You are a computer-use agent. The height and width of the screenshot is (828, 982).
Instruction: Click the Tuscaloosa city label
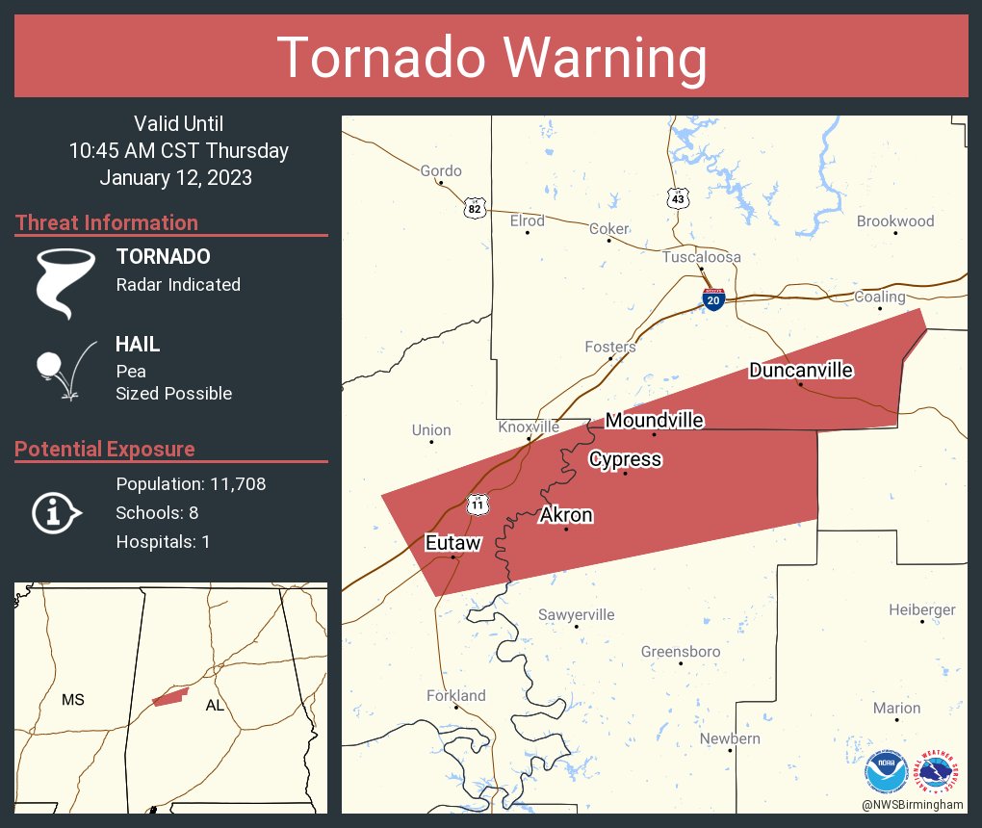[x=701, y=257]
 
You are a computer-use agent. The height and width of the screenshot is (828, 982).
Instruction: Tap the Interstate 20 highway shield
[x=712, y=299]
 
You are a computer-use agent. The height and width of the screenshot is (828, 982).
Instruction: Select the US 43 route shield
[x=678, y=198]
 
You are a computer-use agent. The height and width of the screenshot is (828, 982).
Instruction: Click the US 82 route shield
[x=473, y=208]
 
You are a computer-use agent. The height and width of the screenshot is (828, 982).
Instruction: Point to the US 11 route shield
[x=478, y=504]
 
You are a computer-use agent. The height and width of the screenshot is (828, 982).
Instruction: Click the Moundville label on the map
[x=654, y=420]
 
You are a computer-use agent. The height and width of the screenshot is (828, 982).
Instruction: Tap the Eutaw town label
[x=452, y=543]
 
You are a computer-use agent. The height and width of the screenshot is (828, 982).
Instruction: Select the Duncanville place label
[x=801, y=370]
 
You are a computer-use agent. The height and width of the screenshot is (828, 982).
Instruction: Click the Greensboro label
[x=681, y=652]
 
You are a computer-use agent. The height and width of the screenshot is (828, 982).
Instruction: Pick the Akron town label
[x=566, y=515]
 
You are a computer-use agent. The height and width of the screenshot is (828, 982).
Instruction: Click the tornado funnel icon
[x=65, y=282]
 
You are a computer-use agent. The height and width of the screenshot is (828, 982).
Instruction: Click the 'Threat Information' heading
[x=107, y=222]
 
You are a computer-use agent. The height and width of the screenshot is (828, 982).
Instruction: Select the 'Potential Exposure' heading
[x=105, y=449]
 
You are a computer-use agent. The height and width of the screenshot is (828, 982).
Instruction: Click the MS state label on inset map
[x=73, y=700]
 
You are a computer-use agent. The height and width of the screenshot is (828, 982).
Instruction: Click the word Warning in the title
[x=597, y=58]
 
